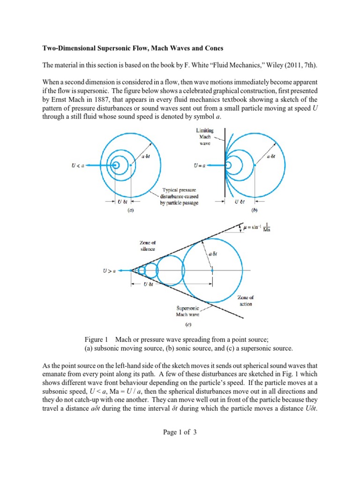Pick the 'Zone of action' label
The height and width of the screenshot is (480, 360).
pyautogui.click(x=245, y=301)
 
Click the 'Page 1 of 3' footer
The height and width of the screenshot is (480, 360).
pyautogui.click(x=180, y=432)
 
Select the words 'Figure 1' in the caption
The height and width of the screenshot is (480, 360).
pyautogui.click(x=95, y=339)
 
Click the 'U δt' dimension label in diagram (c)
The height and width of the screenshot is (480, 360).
pyautogui.click(x=148, y=285)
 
